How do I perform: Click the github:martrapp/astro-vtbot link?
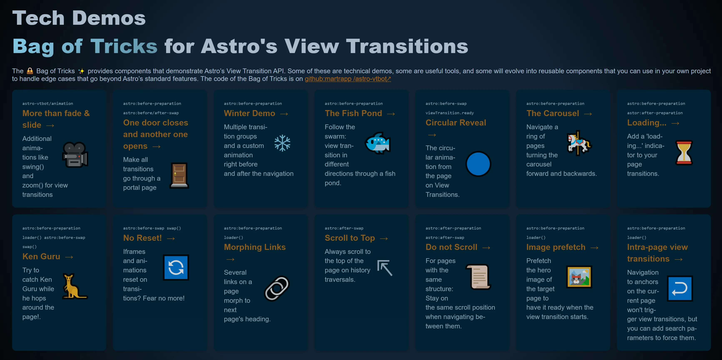point(348,79)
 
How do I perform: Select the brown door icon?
point(179,175)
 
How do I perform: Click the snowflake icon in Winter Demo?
point(282,143)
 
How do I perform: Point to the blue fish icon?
point(378,143)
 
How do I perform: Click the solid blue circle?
point(478,164)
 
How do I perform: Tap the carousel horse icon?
point(579,143)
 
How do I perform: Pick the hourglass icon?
point(684,153)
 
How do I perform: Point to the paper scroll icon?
point(478,277)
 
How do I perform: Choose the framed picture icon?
point(579,277)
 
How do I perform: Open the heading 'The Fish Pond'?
point(353,113)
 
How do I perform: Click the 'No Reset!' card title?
point(142,238)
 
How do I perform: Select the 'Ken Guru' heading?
point(41,256)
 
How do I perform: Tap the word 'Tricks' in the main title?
point(124,46)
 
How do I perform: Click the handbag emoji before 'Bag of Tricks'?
point(30,71)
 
